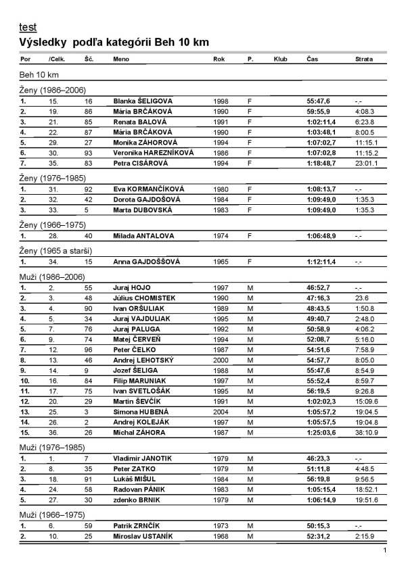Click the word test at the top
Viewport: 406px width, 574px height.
(28, 28)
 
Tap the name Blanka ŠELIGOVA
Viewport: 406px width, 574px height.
(143, 100)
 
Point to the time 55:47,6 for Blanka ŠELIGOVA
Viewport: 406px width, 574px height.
(318, 100)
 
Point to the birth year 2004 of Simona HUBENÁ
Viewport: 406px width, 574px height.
(221, 393)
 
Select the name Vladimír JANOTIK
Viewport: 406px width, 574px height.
(142, 439)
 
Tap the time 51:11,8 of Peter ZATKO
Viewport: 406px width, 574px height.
(318, 450)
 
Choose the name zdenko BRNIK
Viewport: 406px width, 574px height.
(135, 482)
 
